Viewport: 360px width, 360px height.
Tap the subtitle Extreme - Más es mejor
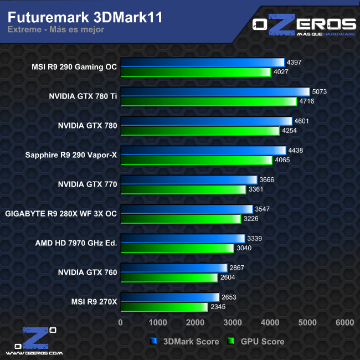(x=56, y=30)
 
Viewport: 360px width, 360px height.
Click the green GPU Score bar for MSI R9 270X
(x=164, y=307)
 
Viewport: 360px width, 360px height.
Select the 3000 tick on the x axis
(x=233, y=322)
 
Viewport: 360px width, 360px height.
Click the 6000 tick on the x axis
(x=344, y=322)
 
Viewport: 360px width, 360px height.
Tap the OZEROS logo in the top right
(x=304, y=26)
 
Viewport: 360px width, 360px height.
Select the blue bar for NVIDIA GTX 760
(x=174, y=268)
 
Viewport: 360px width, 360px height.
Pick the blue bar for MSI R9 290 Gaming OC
(x=202, y=63)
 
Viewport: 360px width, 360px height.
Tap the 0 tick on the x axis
(x=121, y=322)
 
